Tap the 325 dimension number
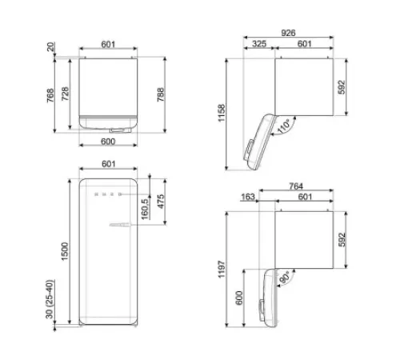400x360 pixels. click(x=258, y=45)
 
